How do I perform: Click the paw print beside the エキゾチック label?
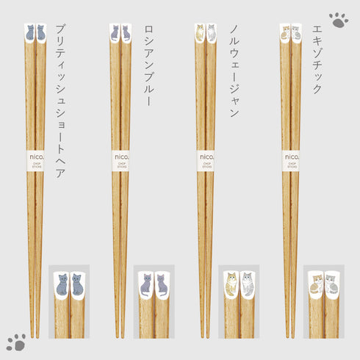(x=339, y=19)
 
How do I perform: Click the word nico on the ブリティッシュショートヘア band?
(x=35, y=156)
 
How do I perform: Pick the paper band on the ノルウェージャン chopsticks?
(x=206, y=160)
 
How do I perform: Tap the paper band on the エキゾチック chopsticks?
(x=291, y=160)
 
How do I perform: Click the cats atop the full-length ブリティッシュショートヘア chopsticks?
(x=35, y=32)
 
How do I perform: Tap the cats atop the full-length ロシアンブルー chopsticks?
(x=120, y=32)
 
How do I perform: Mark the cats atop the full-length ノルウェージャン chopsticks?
(x=206, y=32)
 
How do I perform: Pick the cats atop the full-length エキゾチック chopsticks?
(x=291, y=32)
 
